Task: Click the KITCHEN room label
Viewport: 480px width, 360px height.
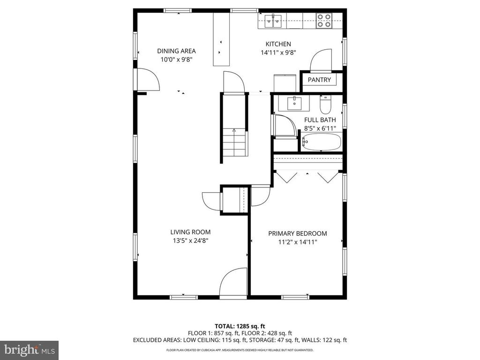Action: (x=279, y=44)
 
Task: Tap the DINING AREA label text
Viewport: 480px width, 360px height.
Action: (x=176, y=51)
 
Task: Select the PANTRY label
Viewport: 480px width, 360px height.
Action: (x=319, y=80)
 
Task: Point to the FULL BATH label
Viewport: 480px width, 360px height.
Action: (x=320, y=120)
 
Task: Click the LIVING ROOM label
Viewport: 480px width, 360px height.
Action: (x=190, y=232)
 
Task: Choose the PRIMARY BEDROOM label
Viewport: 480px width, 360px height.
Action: (x=297, y=233)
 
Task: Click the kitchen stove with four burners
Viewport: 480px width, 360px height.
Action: (x=323, y=20)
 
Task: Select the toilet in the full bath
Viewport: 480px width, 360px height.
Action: (x=325, y=102)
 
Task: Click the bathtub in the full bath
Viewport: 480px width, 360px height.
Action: (x=321, y=142)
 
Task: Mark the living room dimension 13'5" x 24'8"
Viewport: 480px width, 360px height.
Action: (x=190, y=241)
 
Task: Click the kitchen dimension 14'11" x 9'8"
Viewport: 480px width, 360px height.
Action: (x=279, y=53)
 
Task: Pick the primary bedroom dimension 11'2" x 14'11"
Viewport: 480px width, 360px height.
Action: (x=297, y=242)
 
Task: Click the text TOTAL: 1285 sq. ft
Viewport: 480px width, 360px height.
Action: (x=240, y=326)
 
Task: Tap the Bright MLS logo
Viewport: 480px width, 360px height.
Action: (x=29, y=350)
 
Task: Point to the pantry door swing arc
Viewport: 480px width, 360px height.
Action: (x=321, y=60)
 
